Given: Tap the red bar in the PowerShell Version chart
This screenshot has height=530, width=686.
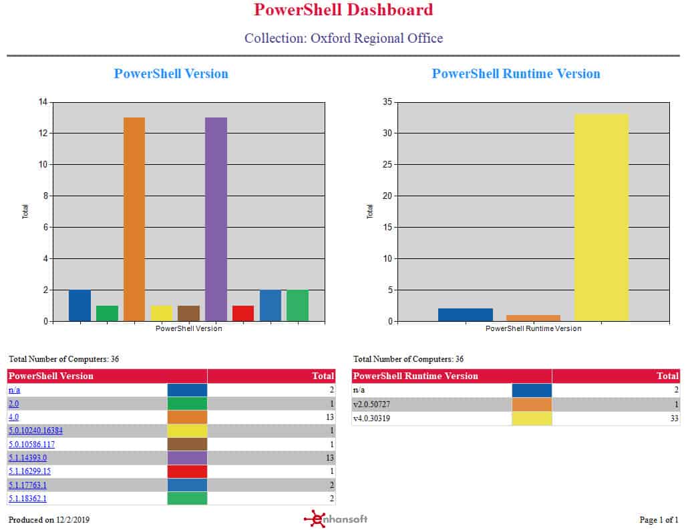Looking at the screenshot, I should click(243, 313).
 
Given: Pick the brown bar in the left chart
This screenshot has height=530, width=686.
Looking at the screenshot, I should click(188, 313).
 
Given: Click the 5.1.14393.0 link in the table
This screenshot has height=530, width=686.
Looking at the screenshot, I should click(28, 458).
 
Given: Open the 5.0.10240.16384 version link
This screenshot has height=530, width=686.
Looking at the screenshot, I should click(35, 431).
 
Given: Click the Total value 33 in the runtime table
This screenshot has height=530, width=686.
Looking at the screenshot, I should click(674, 419).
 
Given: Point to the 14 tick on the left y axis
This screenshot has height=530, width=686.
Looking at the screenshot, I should click(43, 102).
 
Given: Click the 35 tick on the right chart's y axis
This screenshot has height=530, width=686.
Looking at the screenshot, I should click(387, 102).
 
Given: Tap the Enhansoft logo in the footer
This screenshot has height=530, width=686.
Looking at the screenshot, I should click(335, 519).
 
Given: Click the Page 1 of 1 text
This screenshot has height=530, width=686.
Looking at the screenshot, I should click(659, 519).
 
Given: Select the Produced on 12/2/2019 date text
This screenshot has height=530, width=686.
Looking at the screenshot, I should click(49, 519).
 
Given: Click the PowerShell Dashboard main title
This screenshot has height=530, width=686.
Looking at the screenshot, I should click(343, 10).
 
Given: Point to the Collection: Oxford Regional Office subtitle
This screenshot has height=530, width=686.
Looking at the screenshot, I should click(343, 38).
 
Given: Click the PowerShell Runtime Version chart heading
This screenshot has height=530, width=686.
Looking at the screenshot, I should click(516, 73).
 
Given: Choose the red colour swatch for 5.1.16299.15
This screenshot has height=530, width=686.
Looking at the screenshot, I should click(187, 471).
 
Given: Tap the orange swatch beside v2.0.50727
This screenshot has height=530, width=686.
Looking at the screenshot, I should click(532, 405).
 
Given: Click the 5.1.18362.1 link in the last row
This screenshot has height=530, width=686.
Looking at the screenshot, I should click(27, 499).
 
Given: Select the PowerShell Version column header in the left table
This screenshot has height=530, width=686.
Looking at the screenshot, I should click(51, 376).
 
